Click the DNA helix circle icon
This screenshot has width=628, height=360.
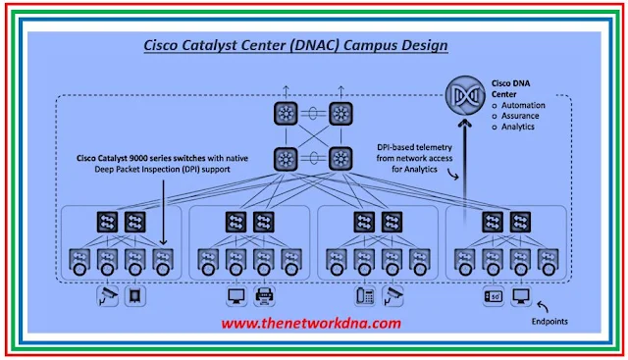[465, 95]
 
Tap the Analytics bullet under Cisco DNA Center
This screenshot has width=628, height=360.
[520, 127]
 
